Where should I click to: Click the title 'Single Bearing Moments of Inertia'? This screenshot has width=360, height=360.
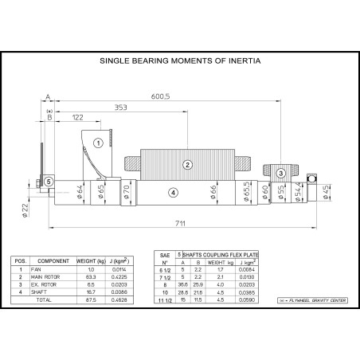coord(180,60)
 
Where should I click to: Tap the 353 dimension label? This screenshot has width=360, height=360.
coord(119,106)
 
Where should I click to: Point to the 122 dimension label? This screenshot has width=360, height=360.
coord(76,116)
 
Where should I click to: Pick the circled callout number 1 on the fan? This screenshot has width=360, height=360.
coord(96,143)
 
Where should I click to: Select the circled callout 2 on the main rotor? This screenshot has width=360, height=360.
coord(187,165)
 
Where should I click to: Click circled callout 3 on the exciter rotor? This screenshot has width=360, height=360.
coord(280,173)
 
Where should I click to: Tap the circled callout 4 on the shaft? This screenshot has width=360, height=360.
coord(173,193)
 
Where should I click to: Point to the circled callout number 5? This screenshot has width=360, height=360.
coord(49,182)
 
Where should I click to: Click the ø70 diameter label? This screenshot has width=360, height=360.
coord(126,191)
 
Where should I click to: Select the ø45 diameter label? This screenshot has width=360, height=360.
coord(325,191)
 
